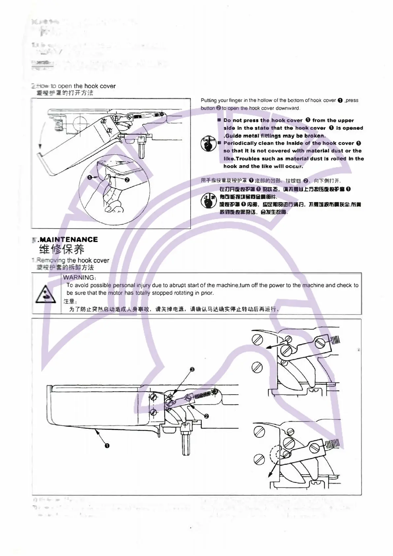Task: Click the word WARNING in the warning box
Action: (79, 278)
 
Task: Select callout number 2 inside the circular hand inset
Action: (127, 180)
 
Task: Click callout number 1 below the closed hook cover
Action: (107, 446)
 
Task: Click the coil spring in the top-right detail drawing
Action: (335, 339)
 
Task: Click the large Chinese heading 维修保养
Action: (61, 249)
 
